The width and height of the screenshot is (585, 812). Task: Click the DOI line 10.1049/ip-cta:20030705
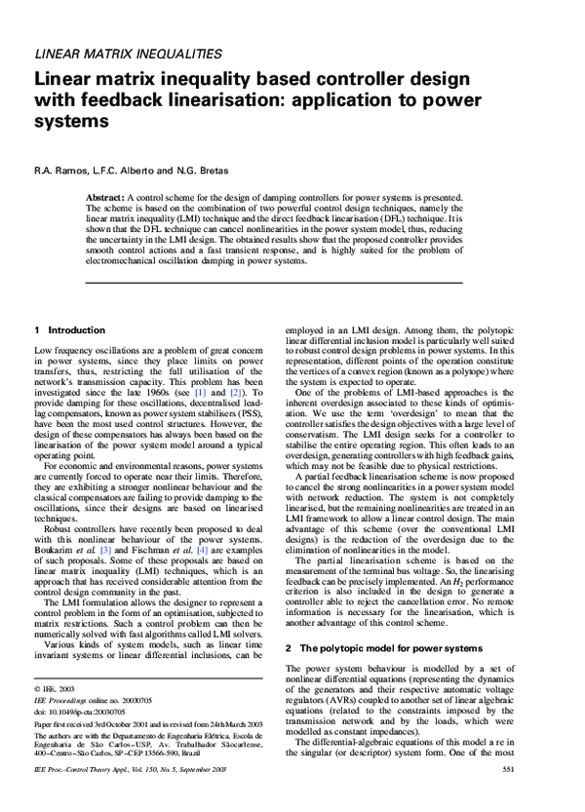[x=80, y=713]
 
